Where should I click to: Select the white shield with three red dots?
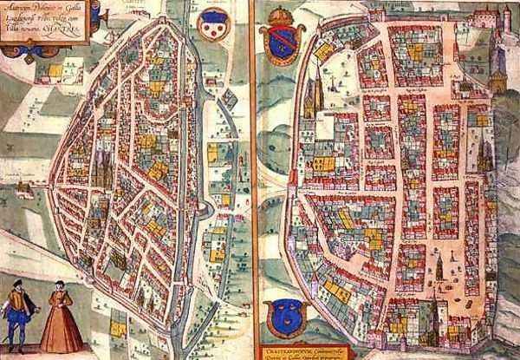click(x=212, y=29)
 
